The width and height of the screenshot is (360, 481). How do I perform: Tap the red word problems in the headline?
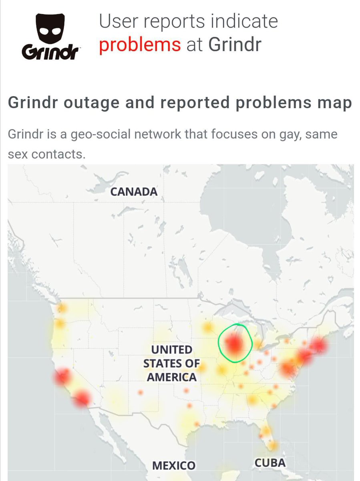(140, 44)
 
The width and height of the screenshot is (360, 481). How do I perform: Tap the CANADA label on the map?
(134, 192)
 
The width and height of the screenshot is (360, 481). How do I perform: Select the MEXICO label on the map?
(174, 465)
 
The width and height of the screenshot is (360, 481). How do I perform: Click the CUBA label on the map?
(270, 463)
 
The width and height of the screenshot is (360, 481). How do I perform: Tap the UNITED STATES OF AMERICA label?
(170, 364)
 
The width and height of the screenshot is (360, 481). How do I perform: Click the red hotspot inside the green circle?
(234, 344)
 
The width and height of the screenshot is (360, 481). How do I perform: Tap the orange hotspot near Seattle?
(62, 308)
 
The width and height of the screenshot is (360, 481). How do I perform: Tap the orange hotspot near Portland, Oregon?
(60, 323)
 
